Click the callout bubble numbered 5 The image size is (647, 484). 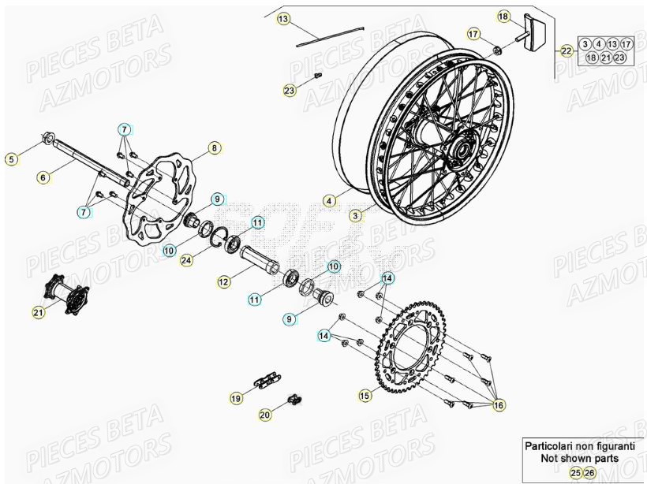point(11,159)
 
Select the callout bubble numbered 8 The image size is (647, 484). point(213,147)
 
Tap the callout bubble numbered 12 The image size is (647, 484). point(224,281)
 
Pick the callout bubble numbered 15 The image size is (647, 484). point(364,395)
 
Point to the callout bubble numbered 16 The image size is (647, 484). point(498,404)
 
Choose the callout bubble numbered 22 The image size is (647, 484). point(567,50)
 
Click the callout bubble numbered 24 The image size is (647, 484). point(186,259)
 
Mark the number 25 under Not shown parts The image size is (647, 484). point(576,472)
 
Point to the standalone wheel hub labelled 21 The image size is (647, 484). point(66,292)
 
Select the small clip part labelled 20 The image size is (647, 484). point(294,400)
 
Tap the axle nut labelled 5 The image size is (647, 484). point(47,142)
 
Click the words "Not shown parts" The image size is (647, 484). point(580,457)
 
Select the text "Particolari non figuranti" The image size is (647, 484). point(580,445)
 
